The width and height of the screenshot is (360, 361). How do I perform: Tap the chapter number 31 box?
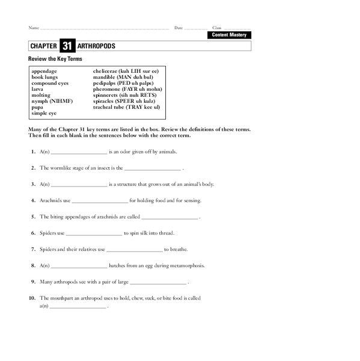(67, 46)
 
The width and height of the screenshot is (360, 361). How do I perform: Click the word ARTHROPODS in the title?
(96, 46)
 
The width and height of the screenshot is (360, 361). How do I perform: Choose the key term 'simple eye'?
(44, 113)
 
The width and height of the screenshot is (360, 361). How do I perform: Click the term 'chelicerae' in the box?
(105, 71)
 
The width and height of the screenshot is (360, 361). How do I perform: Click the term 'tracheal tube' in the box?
(109, 106)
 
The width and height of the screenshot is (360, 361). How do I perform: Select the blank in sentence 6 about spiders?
(94, 233)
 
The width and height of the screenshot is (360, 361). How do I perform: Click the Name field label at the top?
(34, 28)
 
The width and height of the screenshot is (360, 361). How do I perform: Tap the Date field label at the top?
(178, 28)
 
